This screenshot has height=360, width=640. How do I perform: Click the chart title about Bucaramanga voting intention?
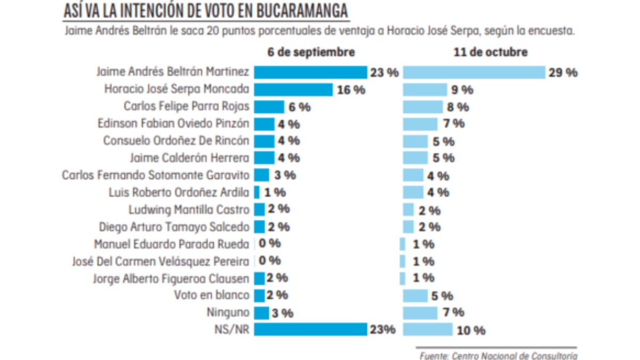(205, 10)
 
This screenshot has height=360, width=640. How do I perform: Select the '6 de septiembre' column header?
(311, 52)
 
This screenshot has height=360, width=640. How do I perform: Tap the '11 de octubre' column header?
(491, 52)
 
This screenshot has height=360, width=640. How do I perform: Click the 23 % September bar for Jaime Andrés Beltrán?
(310, 73)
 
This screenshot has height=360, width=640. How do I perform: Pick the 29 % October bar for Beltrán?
(474, 73)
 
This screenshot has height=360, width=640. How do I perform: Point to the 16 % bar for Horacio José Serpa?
(293, 90)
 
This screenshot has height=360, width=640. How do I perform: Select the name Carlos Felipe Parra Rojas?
(186, 106)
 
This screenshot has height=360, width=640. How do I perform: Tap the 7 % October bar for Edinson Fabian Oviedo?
(420, 124)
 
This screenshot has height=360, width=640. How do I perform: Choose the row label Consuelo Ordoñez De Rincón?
(176, 141)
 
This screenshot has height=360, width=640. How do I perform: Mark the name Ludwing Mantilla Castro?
(189, 209)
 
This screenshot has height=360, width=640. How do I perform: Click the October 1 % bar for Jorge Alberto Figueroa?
(403, 278)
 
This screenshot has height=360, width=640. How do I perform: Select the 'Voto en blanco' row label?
(212, 295)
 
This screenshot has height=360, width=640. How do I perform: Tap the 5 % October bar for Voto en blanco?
(415, 295)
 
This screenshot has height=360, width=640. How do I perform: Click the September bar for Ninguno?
(261, 313)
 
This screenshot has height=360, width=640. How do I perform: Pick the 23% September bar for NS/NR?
(310, 330)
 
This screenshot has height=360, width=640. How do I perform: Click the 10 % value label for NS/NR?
(471, 331)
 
